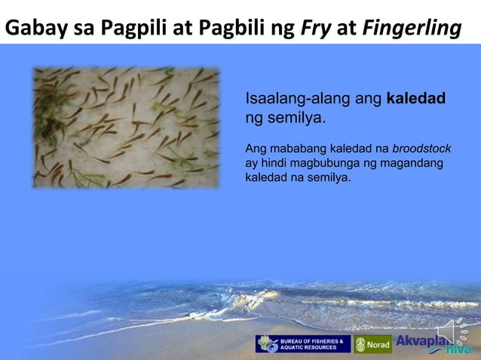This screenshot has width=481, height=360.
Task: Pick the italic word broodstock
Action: (423, 148)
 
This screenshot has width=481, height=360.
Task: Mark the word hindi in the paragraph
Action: (279, 163)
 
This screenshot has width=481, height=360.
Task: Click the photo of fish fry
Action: (125, 127)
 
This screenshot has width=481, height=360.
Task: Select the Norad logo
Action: (373, 344)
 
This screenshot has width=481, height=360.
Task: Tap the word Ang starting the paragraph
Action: (256, 148)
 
